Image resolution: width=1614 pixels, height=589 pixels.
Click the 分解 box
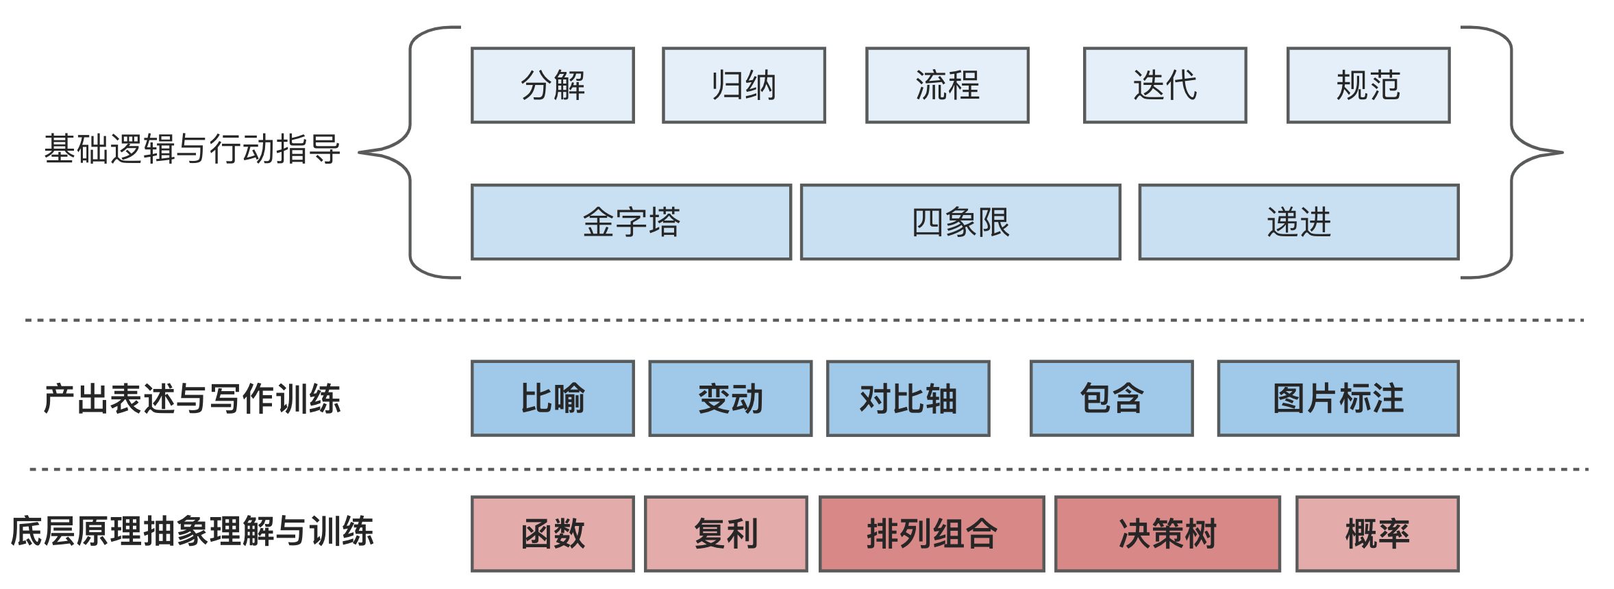point(553,86)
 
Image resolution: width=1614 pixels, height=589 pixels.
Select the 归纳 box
point(744,86)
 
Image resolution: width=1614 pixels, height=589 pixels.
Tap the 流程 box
point(947,86)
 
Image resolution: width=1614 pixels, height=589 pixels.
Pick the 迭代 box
point(1165,86)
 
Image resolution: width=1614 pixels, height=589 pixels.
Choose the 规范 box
point(1368,86)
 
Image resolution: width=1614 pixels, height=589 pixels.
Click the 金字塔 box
point(631,223)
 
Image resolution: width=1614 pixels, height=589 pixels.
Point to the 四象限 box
point(960,223)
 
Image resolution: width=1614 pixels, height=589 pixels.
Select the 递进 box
point(1299,223)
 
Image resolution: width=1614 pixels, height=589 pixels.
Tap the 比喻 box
point(553,399)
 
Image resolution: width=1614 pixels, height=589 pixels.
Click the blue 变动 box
point(730,399)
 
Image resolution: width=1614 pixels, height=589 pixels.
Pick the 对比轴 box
point(908,399)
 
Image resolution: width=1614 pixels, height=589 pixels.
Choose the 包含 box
point(1111,399)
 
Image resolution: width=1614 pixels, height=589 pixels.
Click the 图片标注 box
point(1338,399)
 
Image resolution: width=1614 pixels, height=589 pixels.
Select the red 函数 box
point(553,534)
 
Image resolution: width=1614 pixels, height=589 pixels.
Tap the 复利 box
point(726,534)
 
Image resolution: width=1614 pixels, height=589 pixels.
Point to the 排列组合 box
point(932,534)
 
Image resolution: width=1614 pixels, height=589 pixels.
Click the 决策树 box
point(1167,534)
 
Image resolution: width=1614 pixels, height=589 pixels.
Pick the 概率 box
point(1377,534)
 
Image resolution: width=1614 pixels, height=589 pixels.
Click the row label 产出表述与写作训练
point(192,399)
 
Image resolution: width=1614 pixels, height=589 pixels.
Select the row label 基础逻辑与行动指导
point(192,149)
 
